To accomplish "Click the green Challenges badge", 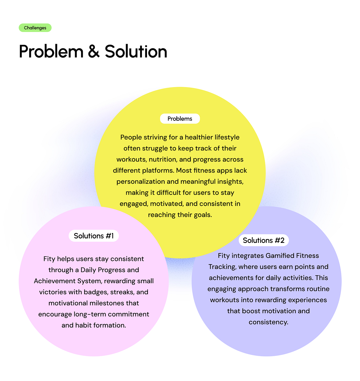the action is coord(35,28).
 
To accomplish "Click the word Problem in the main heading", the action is coord(51,52).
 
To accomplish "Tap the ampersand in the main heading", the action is coord(94,52).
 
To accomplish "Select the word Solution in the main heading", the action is coord(136,52).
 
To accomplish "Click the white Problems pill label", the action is coord(180,119).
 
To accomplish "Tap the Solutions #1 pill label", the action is coord(94,236).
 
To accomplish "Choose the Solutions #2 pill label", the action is coord(264,240).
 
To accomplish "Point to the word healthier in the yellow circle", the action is coord(199,137).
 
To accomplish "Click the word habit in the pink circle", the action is coord(83,325).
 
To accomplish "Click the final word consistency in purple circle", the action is coord(268,322).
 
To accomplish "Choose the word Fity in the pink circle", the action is coord(49,259).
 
